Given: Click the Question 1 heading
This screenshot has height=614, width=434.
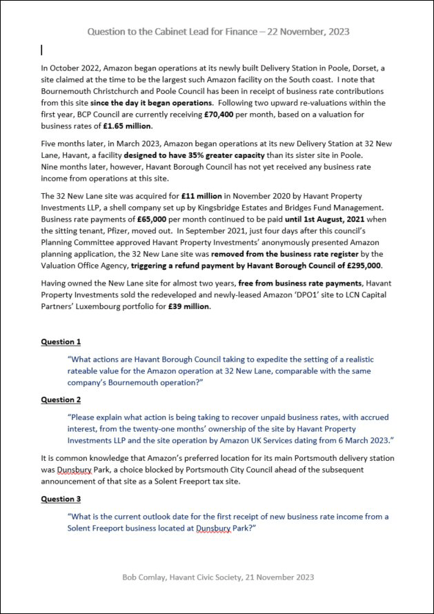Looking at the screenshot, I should [x=61, y=341].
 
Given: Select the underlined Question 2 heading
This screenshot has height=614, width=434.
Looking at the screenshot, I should [x=61, y=399].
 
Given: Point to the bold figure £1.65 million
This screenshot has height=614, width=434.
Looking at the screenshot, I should [x=128, y=126].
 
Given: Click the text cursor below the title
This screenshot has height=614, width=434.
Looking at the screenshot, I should [x=42, y=50].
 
